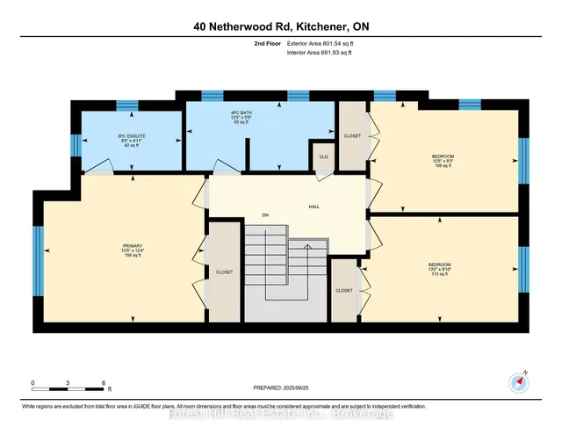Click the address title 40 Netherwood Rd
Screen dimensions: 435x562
coord(281,26)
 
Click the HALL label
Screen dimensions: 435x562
coord(313,207)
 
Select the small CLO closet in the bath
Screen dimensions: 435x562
coord(323,158)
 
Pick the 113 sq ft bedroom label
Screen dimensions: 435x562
coord(439,266)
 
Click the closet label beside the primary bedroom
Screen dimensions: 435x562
coord(223,272)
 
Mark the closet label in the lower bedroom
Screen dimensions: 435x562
coord(343,290)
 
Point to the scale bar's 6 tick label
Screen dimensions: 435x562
coord(104,383)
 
